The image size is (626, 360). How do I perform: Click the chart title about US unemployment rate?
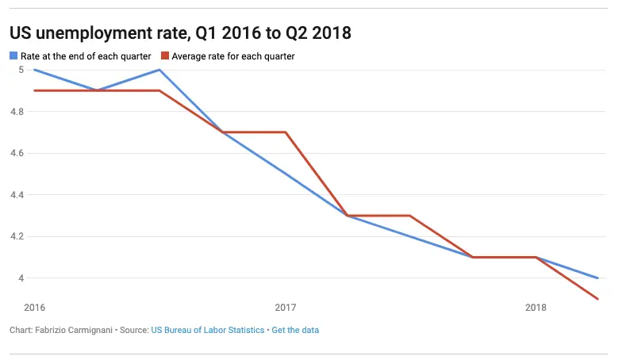[x=180, y=33]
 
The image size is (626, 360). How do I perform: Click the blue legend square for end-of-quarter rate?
[x=13, y=56]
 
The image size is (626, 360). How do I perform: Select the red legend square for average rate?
[x=164, y=56]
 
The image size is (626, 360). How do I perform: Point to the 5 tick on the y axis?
[x=21, y=70]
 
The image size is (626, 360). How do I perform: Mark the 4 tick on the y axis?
[x=21, y=278]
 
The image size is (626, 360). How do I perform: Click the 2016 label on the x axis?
[x=34, y=307]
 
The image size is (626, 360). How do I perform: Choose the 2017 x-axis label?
[x=285, y=307]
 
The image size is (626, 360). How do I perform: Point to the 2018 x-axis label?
[x=536, y=307]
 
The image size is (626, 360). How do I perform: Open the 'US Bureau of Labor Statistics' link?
[x=208, y=330]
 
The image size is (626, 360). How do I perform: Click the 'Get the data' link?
[x=295, y=330]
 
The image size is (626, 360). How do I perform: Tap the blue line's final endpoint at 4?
[x=597, y=278]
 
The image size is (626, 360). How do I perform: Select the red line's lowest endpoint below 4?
[x=597, y=299]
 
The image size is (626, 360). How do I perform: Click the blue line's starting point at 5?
[x=34, y=70]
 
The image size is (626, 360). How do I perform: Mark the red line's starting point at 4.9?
[x=34, y=90]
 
